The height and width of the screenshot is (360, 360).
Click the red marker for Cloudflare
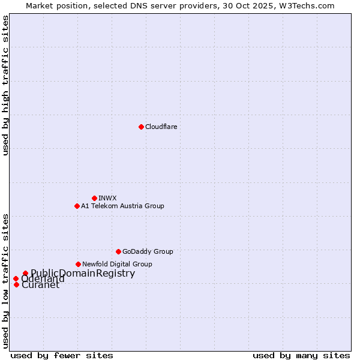pos(141,127)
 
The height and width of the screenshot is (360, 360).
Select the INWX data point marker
pos(94,198)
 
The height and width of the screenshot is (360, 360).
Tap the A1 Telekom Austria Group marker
pos(77,206)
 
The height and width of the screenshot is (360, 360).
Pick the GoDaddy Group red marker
pos(118,251)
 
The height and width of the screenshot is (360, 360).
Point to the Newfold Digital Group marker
pos(78,264)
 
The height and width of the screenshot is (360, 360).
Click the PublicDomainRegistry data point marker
pos(25,274)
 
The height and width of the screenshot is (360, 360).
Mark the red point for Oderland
pos(16,278)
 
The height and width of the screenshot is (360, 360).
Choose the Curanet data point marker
pos(16,284)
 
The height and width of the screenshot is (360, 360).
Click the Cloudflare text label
pos(161,127)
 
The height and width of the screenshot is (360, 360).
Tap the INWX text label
pos(107,198)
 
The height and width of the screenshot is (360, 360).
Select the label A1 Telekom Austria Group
pos(122,206)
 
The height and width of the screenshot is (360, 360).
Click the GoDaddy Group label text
pos(148,251)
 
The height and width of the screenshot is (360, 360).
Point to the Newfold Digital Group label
pos(117,264)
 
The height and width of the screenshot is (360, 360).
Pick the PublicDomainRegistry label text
pos(83,274)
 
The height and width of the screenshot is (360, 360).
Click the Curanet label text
pos(40,285)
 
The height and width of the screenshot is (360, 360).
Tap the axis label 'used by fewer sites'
pos(62,355)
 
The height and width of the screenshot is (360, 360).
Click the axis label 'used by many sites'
pos(301,355)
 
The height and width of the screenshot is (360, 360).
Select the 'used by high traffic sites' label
pos(5,85)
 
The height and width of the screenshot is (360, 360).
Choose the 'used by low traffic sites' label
pos(5,281)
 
